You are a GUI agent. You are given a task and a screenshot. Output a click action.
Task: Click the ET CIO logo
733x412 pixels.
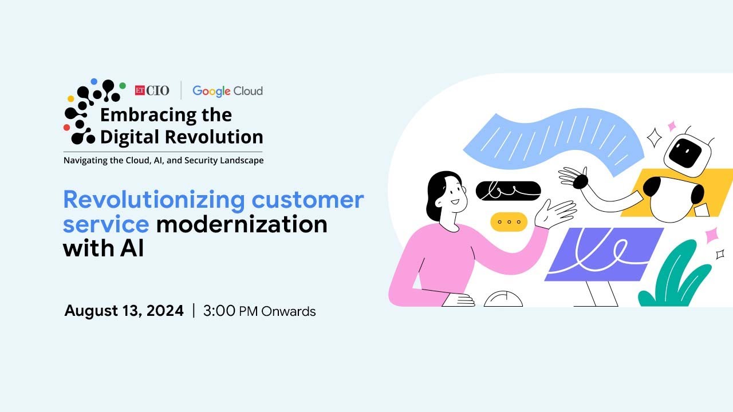pyautogui.click(x=152, y=90)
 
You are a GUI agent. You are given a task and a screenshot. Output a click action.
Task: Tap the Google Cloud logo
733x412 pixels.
pyautogui.click(x=227, y=91)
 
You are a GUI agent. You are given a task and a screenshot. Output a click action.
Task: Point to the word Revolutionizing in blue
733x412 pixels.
pyautogui.click(x=153, y=200)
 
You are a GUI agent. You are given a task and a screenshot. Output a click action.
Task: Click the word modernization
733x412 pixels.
pyautogui.click(x=242, y=224)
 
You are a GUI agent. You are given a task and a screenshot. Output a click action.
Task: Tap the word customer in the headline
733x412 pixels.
pyautogui.click(x=308, y=200)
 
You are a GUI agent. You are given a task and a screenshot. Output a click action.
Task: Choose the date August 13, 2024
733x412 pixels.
pyautogui.click(x=124, y=311)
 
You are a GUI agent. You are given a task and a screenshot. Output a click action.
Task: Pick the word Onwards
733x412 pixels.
pyautogui.click(x=289, y=312)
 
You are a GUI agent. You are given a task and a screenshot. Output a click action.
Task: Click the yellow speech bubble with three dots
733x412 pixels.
pyautogui.click(x=509, y=221)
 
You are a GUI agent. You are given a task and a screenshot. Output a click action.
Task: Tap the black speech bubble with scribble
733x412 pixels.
pyautogui.click(x=508, y=191)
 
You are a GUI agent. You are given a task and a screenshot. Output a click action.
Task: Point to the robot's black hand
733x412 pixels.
pyautogui.click(x=581, y=181)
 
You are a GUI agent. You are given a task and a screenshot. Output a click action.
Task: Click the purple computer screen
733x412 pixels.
pyautogui.click(x=604, y=254)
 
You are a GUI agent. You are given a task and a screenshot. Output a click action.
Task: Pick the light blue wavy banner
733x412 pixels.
pyautogui.click(x=550, y=140)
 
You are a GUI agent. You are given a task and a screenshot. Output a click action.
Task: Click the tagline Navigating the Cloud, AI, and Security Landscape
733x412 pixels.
pyautogui.click(x=164, y=161)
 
